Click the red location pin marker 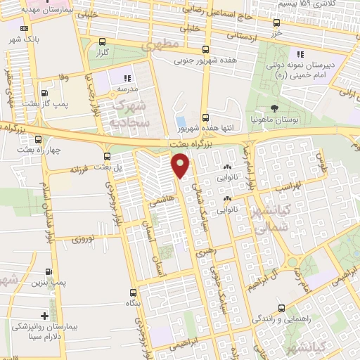coord(181,166)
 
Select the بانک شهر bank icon coord(25,29)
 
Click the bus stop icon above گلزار coord(103,41)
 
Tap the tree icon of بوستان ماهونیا coord(274,109)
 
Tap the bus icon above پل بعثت coord(107,156)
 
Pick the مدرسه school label coord(127,89)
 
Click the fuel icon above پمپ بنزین coord(48,271)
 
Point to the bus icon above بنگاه coord(133,292)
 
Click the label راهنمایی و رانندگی coord(282,319)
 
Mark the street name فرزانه coord(82,170)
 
